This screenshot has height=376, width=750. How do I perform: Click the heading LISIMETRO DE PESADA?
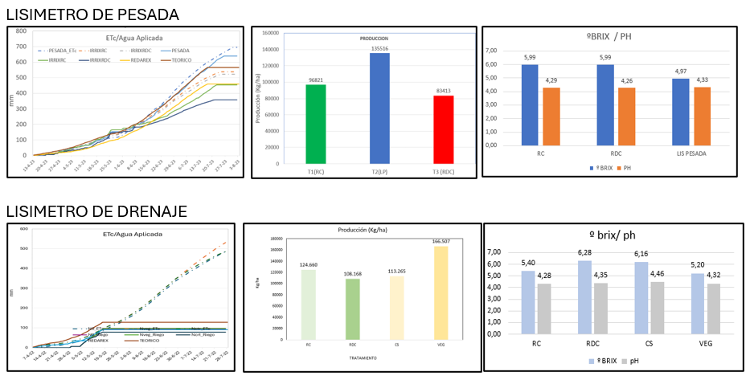pyautogui.click(x=92, y=14)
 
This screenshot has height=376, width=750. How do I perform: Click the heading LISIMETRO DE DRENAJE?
pyautogui.click(x=96, y=211)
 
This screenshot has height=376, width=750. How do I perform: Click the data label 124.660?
pyautogui.click(x=308, y=264)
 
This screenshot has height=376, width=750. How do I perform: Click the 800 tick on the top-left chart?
pyautogui.click(x=21, y=31)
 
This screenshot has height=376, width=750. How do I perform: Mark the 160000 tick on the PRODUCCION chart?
pyautogui.click(x=268, y=34)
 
